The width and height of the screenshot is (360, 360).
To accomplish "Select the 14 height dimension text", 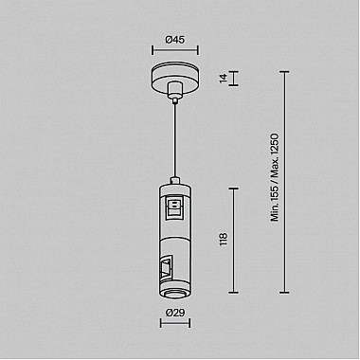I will pos(225,80).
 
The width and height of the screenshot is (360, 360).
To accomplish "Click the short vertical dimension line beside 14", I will pos(234,80).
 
